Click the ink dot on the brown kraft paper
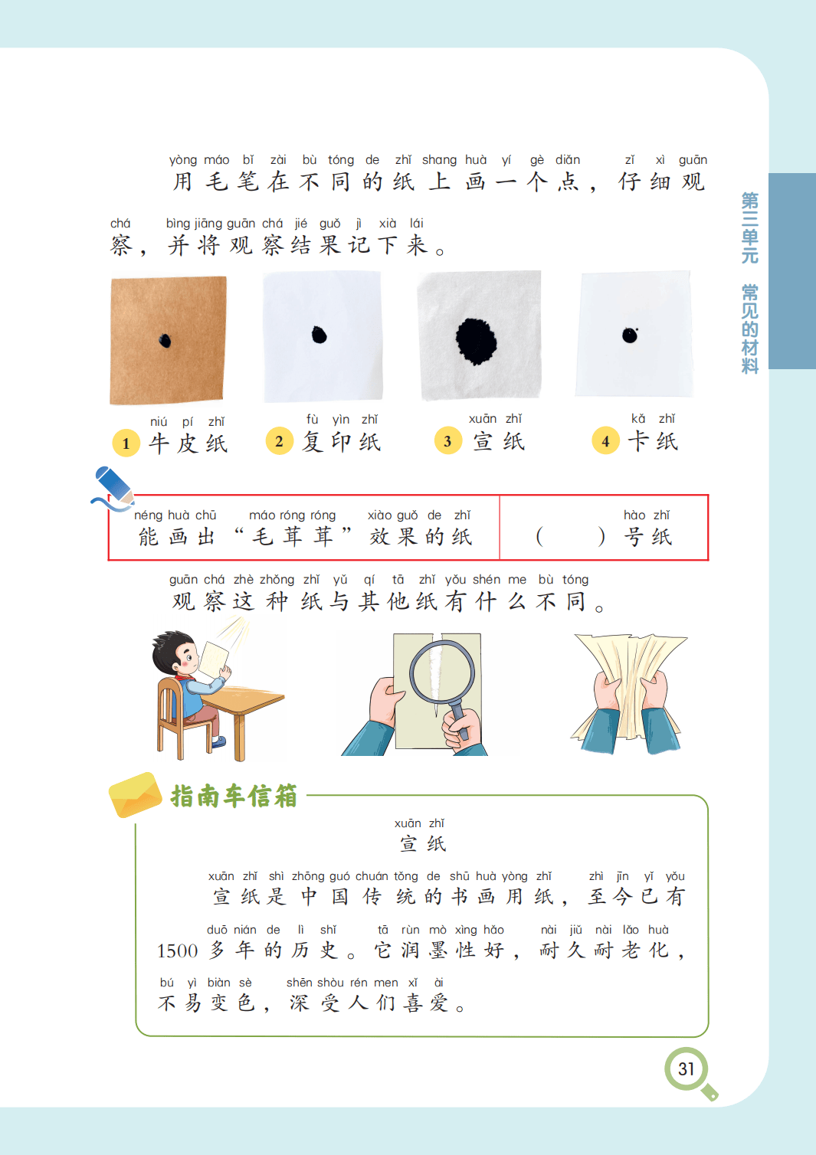[x=165, y=341]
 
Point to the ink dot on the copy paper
[x=320, y=335]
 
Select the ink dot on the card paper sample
[x=630, y=335]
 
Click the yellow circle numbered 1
[x=126, y=443]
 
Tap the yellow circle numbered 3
[x=447, y=440]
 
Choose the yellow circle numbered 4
[x=605, y=440]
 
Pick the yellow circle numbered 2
[x=279, y=441]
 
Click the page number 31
[x=686, y=1069]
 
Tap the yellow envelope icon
[x=135, y=795]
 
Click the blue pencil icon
[x=113, y=487]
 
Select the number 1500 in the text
[x=178, y=951]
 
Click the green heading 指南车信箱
[x=234, y=796]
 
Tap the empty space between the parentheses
[x=570, y=537]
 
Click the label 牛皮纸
[x=188, y=443]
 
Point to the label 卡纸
[x=653, y=441]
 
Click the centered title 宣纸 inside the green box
[x=423, y=844]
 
